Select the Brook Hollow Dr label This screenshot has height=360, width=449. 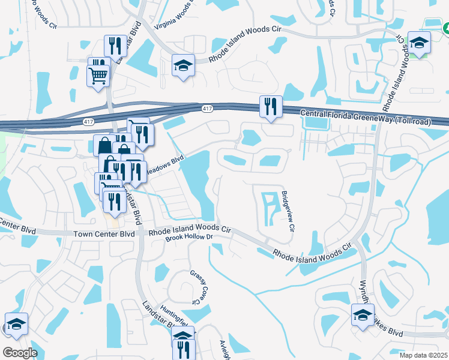pos(189,238)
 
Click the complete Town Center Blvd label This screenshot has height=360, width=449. pos(105,234)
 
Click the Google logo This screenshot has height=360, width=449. pos(20,353)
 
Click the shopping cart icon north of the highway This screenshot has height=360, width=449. pos(98,75)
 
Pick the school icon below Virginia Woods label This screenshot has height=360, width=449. pos(183,65)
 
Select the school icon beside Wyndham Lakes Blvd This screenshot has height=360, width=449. pos(363,314)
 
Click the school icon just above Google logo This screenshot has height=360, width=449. pos(16,323)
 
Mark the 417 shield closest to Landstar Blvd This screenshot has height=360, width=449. pos(88,121)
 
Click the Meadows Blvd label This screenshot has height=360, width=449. pos(163,165)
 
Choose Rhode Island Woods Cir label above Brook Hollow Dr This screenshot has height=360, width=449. pos(190,229)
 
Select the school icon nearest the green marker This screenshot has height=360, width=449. pos(419,43)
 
